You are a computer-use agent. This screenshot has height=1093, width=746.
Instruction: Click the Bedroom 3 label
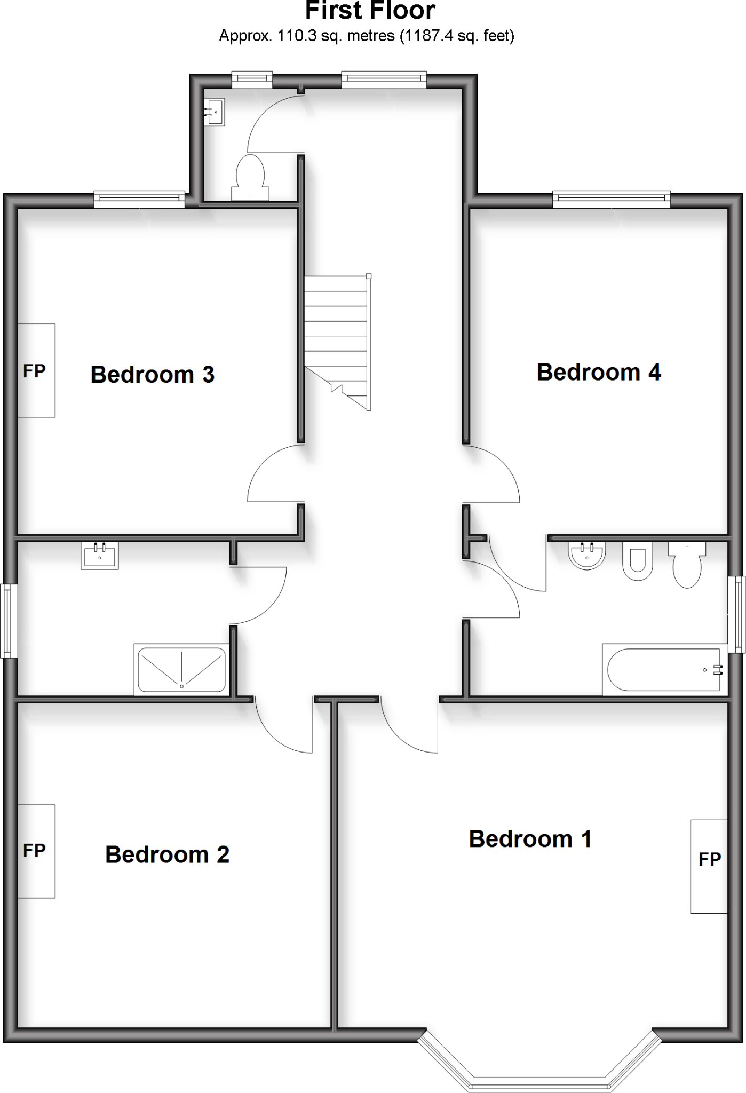[153, 375]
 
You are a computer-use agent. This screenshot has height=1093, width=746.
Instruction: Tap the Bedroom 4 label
[599, 373]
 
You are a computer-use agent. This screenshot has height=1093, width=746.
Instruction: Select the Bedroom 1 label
[530, 839]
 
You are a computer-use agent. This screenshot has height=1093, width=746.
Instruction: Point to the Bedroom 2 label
[167, 854]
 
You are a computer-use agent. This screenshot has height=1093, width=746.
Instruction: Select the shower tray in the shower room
[181, 669]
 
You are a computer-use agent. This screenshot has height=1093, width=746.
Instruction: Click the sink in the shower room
[100, 556]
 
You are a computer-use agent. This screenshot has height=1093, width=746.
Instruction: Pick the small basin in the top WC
[214, 112]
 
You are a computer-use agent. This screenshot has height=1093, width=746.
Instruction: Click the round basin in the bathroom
[587, 555]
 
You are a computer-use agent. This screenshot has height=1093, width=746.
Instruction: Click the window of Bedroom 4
[611, 200]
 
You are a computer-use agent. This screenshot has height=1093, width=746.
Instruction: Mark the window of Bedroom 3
[139, 200]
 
